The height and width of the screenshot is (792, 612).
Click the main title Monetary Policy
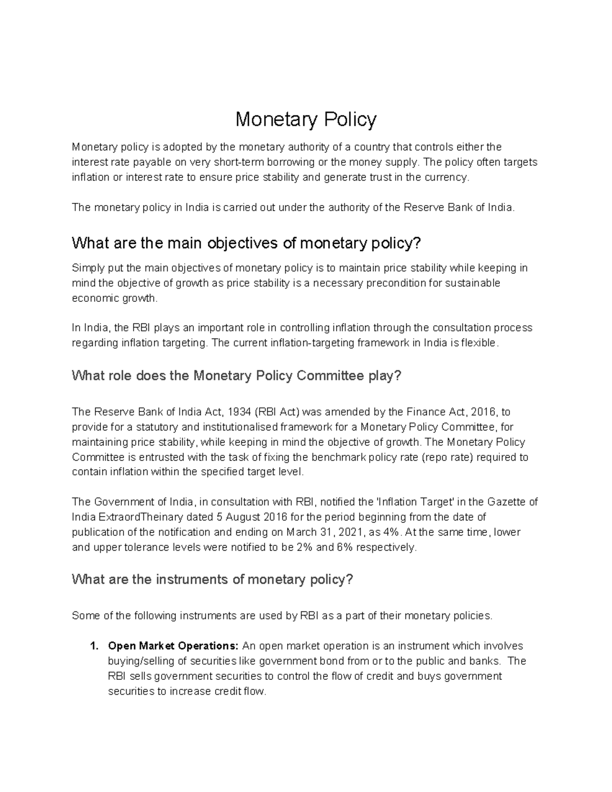(x=305, y=120)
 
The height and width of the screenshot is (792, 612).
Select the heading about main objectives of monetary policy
(x=247, y=243)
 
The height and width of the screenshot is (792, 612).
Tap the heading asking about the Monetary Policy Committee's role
(x=237, y=376)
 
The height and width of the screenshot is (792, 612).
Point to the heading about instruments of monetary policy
(x=212, y=580)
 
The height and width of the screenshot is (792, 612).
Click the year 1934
(x=239, y=412)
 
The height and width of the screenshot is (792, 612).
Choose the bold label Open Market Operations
(x=173, y=646)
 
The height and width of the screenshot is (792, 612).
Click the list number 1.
(x=93, y=646)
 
